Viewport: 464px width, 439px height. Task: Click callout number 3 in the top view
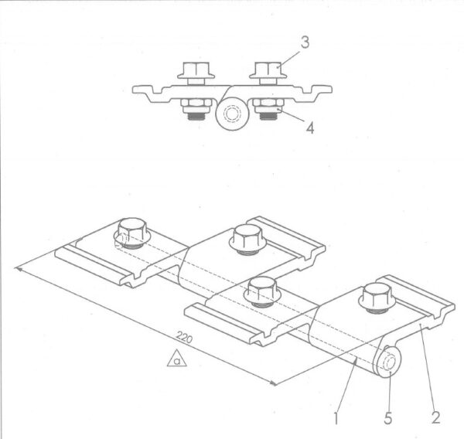pos(305,43)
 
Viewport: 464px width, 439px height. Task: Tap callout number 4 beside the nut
pos(309,128)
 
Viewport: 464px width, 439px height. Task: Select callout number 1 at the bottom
pos(336,417)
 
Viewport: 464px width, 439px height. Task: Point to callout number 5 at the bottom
pos(388,417)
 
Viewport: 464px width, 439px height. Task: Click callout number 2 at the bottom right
pos(435,417)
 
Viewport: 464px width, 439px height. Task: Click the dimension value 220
pos(184,337)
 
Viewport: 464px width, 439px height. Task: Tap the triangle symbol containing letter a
pos(176,359)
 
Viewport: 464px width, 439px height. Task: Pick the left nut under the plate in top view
pos(196,106)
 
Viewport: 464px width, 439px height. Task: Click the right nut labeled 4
pos(268,106)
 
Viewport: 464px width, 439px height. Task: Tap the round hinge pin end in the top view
pos(232,114)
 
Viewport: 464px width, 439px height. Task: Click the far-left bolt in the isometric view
pos(132,233)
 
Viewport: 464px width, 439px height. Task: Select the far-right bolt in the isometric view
pos(377,298)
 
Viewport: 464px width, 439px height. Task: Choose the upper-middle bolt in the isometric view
pos(247,240)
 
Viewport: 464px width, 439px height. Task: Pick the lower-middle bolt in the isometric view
pos(261,291)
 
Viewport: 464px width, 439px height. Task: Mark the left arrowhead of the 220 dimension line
pos(18,269)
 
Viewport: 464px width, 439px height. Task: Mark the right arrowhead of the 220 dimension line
pos(273,383)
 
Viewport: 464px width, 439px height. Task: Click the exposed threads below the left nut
pos(196,116)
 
